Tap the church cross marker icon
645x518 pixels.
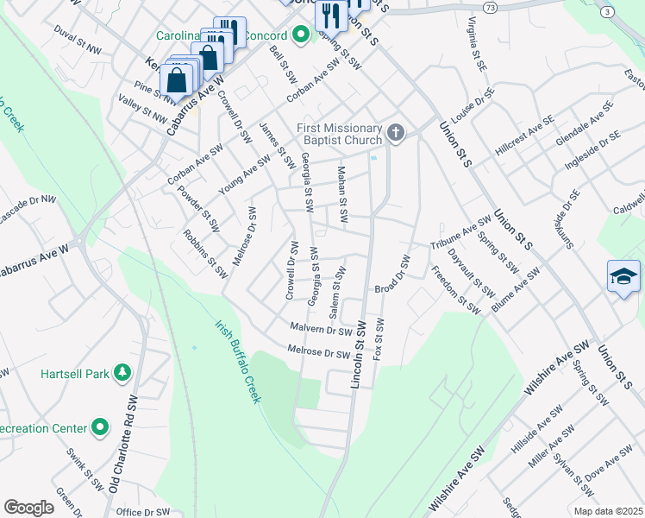tap(396, 132)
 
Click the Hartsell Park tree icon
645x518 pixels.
tap(123, 373)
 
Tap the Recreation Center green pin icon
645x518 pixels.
tap(101, 427)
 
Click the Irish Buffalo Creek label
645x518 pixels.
tap(237, 362)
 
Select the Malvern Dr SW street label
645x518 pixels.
tap(321, 329)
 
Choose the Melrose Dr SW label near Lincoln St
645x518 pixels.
tap(319, 352)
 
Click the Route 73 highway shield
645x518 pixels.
tap(490, 7)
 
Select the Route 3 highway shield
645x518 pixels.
tap(609, 11)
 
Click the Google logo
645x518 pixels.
tap(29, 508)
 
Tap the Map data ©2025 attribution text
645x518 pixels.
tap(607, 511)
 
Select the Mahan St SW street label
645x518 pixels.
tap(342, 197)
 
